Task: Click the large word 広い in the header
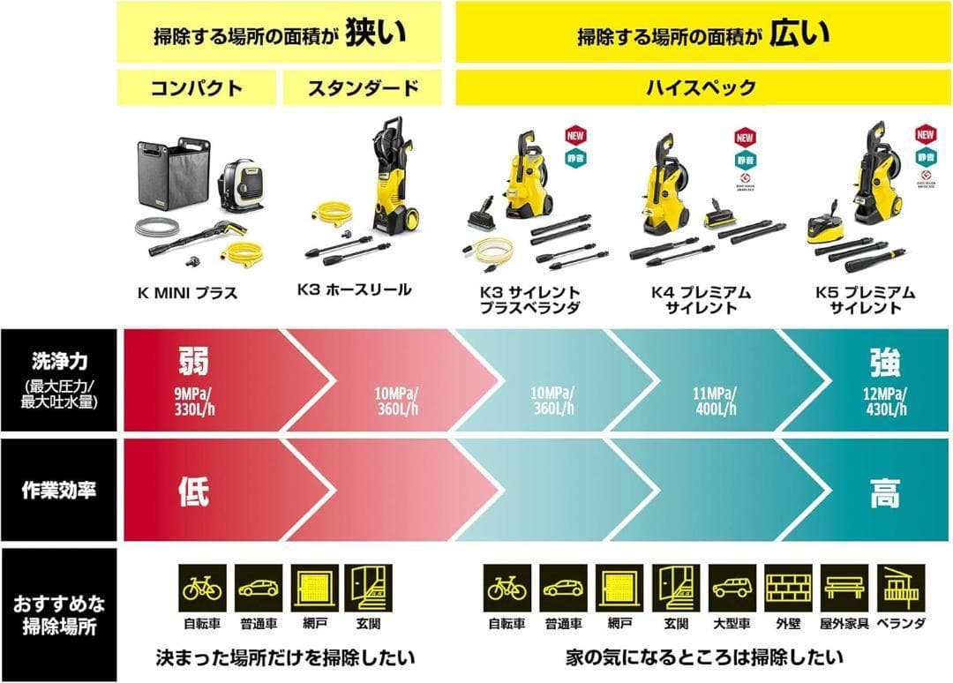tap(800, 34)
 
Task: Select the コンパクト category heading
tap(197, 88)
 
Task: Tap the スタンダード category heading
tap(362, 88)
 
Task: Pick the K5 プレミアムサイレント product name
tap(869, 300)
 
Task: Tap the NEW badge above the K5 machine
tap(925, 135)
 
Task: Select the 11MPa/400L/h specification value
tap(715, 402)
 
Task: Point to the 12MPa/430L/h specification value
tap(884, 402)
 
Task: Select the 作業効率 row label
tap(58, 491)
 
